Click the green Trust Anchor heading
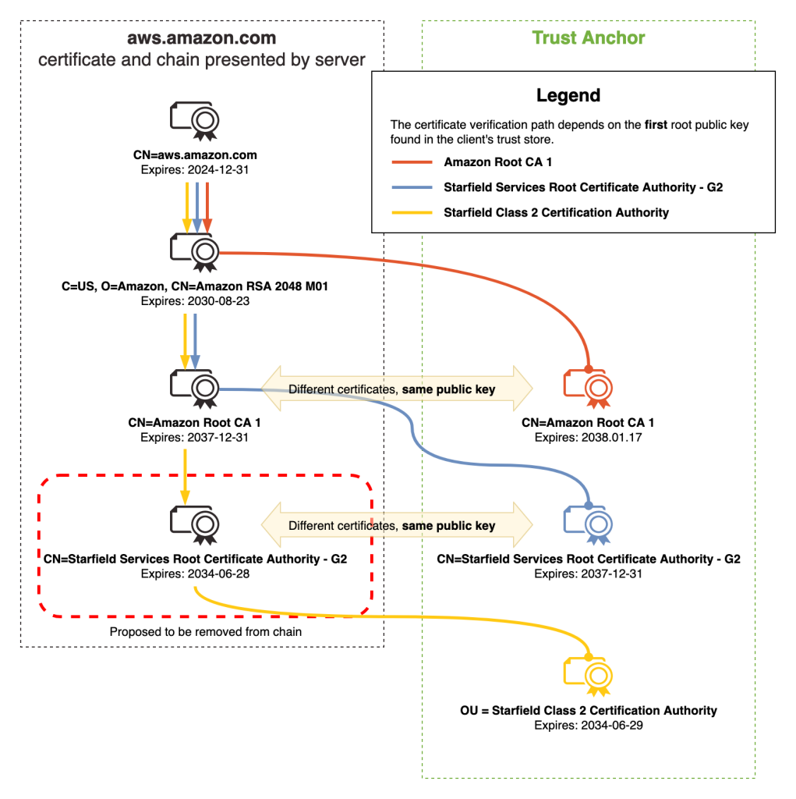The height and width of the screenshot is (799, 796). point(589,37)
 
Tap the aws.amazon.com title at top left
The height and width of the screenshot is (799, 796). point(202,38)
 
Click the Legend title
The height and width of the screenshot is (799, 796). point(568,96)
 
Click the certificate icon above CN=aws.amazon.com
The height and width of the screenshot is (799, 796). point(195,120)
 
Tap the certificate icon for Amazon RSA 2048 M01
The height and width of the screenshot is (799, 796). point(195,251)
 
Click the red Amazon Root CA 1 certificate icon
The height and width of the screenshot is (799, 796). point(588,387)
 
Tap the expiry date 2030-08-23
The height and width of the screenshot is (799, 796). point(218,300)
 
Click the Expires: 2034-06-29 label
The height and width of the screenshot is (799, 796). point(588,725)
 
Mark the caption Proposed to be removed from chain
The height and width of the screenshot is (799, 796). point(205,632)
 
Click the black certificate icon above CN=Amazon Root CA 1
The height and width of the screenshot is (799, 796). point(195,387)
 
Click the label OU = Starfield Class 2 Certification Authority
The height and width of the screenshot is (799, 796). point(588,711)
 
